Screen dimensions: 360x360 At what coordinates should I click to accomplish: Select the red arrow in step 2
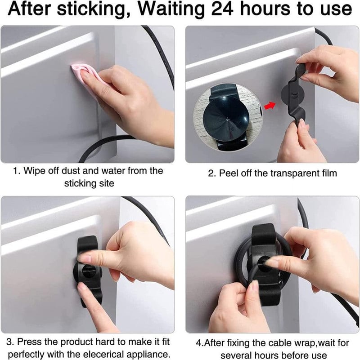[x=270, y=105]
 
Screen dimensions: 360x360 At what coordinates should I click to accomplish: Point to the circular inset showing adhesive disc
[x=227, y=117]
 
